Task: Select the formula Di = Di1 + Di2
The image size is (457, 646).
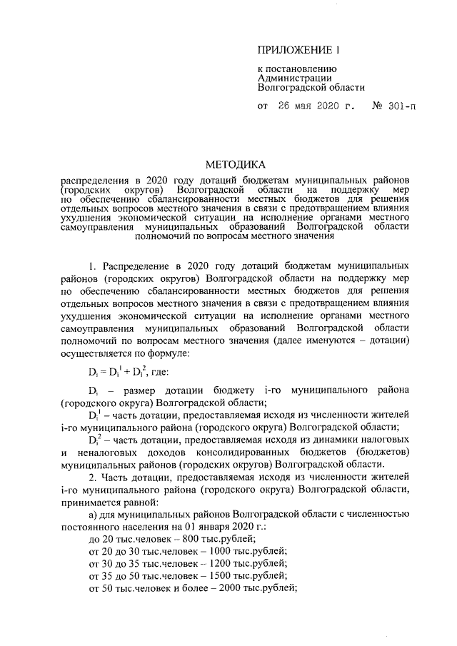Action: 116,372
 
